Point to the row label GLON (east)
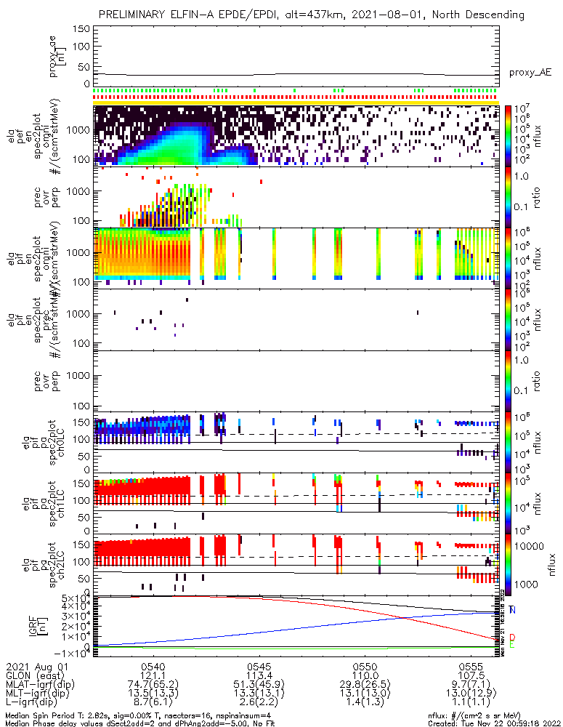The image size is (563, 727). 35,675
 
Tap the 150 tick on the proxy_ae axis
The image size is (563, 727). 81,28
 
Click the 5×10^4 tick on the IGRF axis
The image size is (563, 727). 77,598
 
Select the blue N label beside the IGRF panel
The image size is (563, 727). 513,609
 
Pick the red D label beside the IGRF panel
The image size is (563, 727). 513,638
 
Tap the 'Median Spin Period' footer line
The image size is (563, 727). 138,715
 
